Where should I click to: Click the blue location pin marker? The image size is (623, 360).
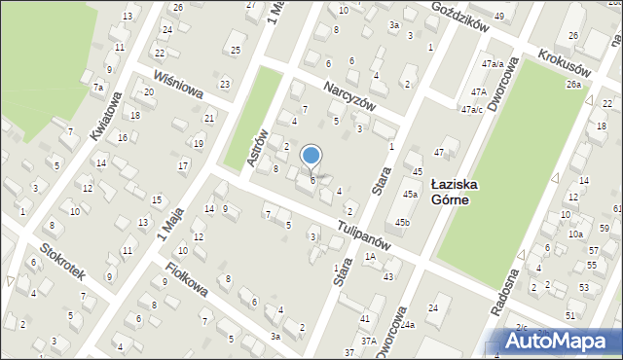pos(311,157)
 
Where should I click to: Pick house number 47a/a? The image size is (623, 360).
pos(493,63)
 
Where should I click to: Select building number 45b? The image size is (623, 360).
pos(402,223)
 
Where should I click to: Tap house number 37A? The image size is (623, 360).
pos(369,342)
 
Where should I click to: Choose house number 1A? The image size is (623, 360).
pos(370,256)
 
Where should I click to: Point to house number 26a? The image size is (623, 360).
pos(573,85)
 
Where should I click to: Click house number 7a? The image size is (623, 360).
pos(97,88)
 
